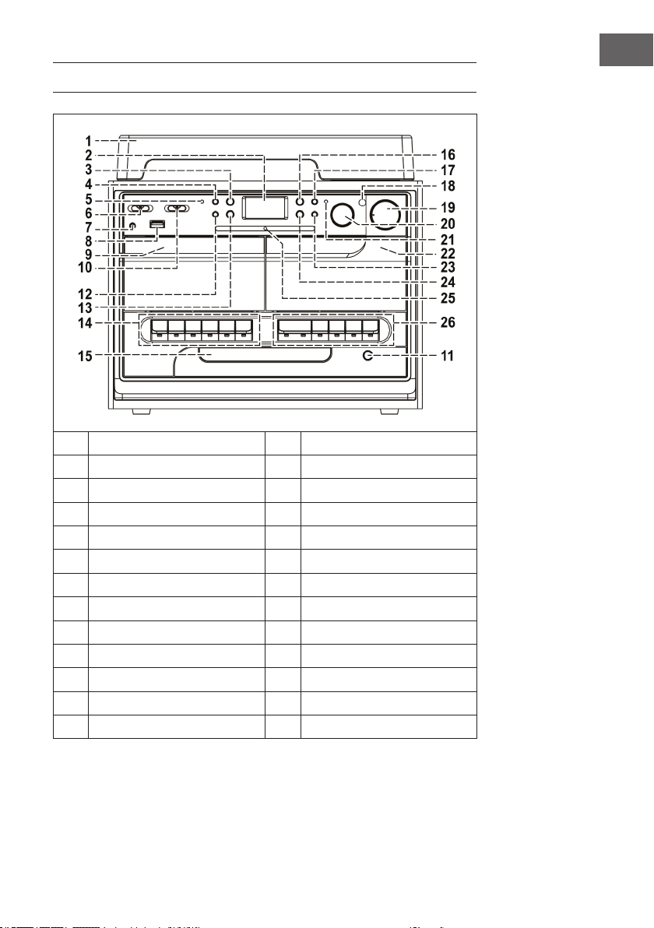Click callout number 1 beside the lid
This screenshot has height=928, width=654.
88,141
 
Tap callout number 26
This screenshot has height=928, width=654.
448,322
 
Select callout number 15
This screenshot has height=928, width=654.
85,356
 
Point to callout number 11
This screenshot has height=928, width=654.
448,356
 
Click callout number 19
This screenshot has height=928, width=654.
448,207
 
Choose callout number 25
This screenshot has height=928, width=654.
448,297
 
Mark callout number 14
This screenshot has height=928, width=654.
85,322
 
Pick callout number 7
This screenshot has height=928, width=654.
88,228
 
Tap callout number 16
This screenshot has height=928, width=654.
448,154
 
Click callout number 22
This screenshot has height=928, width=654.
448,253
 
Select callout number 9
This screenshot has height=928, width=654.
88,255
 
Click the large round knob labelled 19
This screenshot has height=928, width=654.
385,215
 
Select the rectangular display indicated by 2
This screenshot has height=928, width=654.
265,208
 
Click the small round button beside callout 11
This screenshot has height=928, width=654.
368,355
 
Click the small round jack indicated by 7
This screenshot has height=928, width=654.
132,226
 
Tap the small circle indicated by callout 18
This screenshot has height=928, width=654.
363,202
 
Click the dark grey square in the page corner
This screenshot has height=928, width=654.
626,50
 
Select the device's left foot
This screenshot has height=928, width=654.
142,411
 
